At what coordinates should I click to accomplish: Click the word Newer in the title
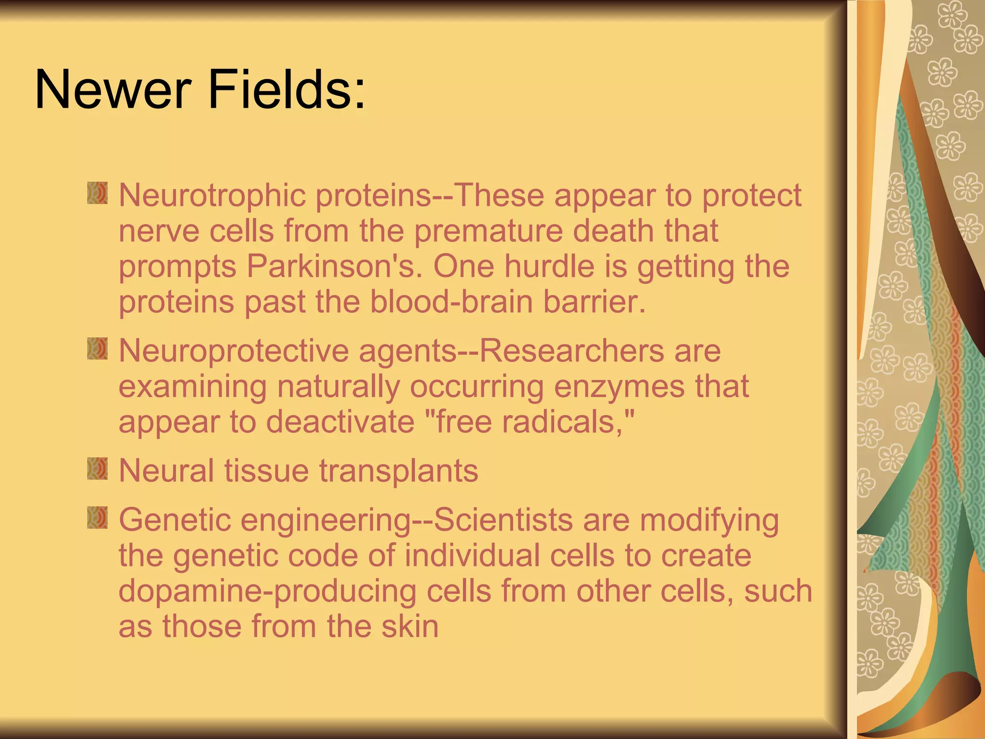(x=113, y=89)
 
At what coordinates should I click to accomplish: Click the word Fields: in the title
(x=287, y=89)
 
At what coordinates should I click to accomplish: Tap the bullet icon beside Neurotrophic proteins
(x=97, y=193)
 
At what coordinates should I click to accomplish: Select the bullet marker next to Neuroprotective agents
(x=97, y=348)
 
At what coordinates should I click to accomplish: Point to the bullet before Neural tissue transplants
(x=97, y=469)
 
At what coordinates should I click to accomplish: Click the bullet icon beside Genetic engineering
(x=97, y=517)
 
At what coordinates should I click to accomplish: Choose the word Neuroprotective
(x=233, y=351)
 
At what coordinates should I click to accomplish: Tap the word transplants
(x=399, y=471)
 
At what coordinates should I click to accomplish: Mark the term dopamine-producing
(x=267, y=591)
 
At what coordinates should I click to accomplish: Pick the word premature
(x=488, y=231)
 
